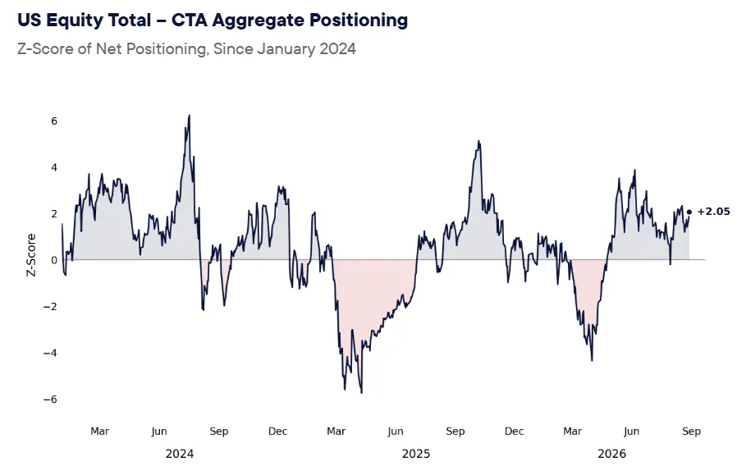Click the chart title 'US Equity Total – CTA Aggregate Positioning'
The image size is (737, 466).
(x=213, y=21)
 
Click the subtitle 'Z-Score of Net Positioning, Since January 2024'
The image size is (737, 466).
(x=186, y=49)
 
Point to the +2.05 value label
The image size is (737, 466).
(x=713, y=212)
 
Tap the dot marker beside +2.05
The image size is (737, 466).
(x=689, y=212)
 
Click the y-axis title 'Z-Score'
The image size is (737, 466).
(x=31, y=255)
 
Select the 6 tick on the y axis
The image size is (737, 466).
(x=54, y=121)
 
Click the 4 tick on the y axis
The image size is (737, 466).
(x=54, y=167)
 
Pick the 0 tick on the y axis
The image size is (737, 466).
(x=54, y=260)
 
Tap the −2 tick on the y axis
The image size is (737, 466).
(x=50, y=307)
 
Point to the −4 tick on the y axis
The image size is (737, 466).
(x=50, y=353)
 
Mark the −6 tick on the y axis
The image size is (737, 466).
(x=50, y=400)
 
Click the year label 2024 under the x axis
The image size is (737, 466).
(x=180, y=454)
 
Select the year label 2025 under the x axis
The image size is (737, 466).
(x=416, y=454)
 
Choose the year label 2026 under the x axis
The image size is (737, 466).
(x=612, y=454)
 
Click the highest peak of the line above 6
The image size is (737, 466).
(x=189, y=116)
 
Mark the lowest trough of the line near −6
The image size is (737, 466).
(x=361, y=393)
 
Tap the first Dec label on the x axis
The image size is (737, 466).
(x=277, y=432)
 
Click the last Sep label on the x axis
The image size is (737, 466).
(x=691, y=432)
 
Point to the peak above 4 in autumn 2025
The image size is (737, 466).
(x=478, y=141)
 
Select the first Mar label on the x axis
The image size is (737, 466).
(x=99, y=432)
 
